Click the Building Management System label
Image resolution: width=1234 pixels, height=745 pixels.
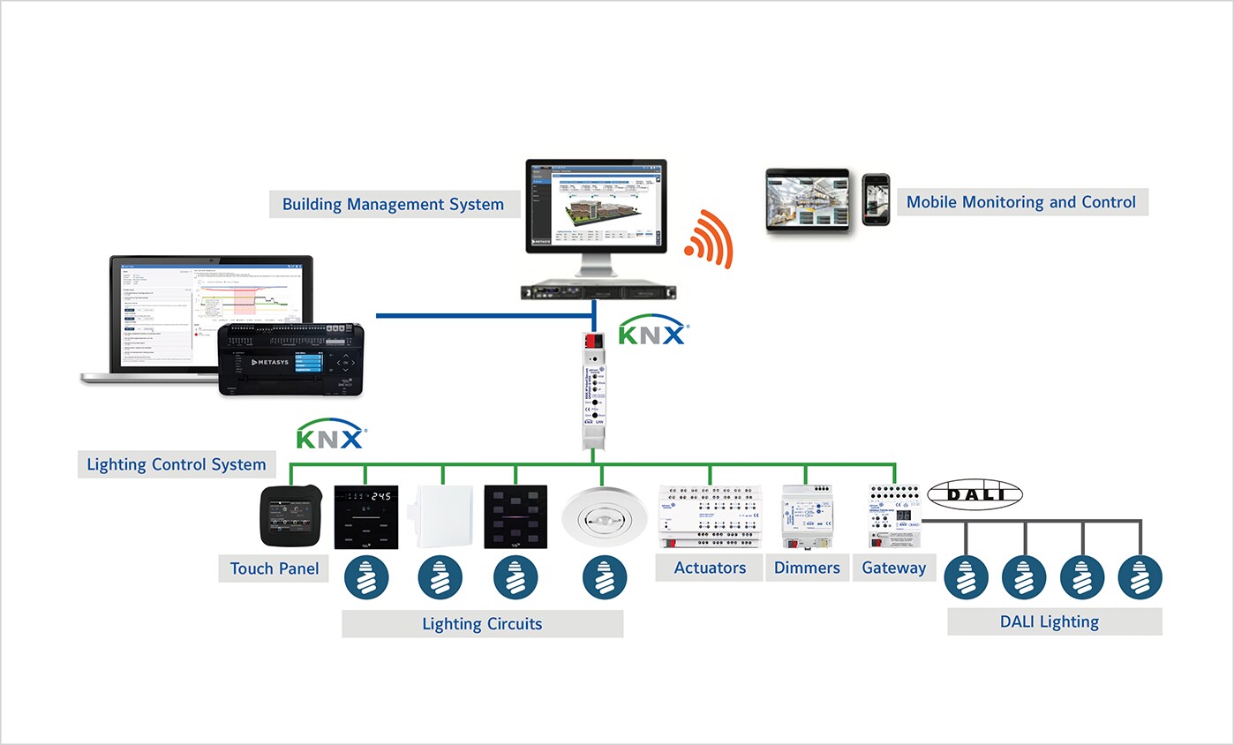coord(393,205)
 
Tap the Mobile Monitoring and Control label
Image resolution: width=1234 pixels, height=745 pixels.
coord(1022,202)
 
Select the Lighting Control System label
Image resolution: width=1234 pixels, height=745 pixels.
coord(176,464)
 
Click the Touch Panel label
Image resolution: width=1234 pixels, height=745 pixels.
coord(275,568)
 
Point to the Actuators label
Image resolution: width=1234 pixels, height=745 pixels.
coord(710,568)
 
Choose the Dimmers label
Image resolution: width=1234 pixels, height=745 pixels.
coord(807,568)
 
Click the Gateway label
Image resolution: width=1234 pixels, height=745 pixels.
coord(893,568)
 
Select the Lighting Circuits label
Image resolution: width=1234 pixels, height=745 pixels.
coord(482,624)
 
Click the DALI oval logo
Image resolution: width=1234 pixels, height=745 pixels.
coord(975,494)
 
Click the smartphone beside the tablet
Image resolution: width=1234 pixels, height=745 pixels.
coord(876,199)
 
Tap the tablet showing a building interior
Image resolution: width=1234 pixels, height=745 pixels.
coord(807,200)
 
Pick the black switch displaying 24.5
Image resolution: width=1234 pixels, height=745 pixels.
coord(365,517)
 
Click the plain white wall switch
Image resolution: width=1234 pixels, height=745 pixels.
coord(440,517)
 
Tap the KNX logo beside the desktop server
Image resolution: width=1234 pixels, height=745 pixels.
coord(652,335)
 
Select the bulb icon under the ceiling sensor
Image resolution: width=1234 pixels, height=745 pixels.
coord(605,578)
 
